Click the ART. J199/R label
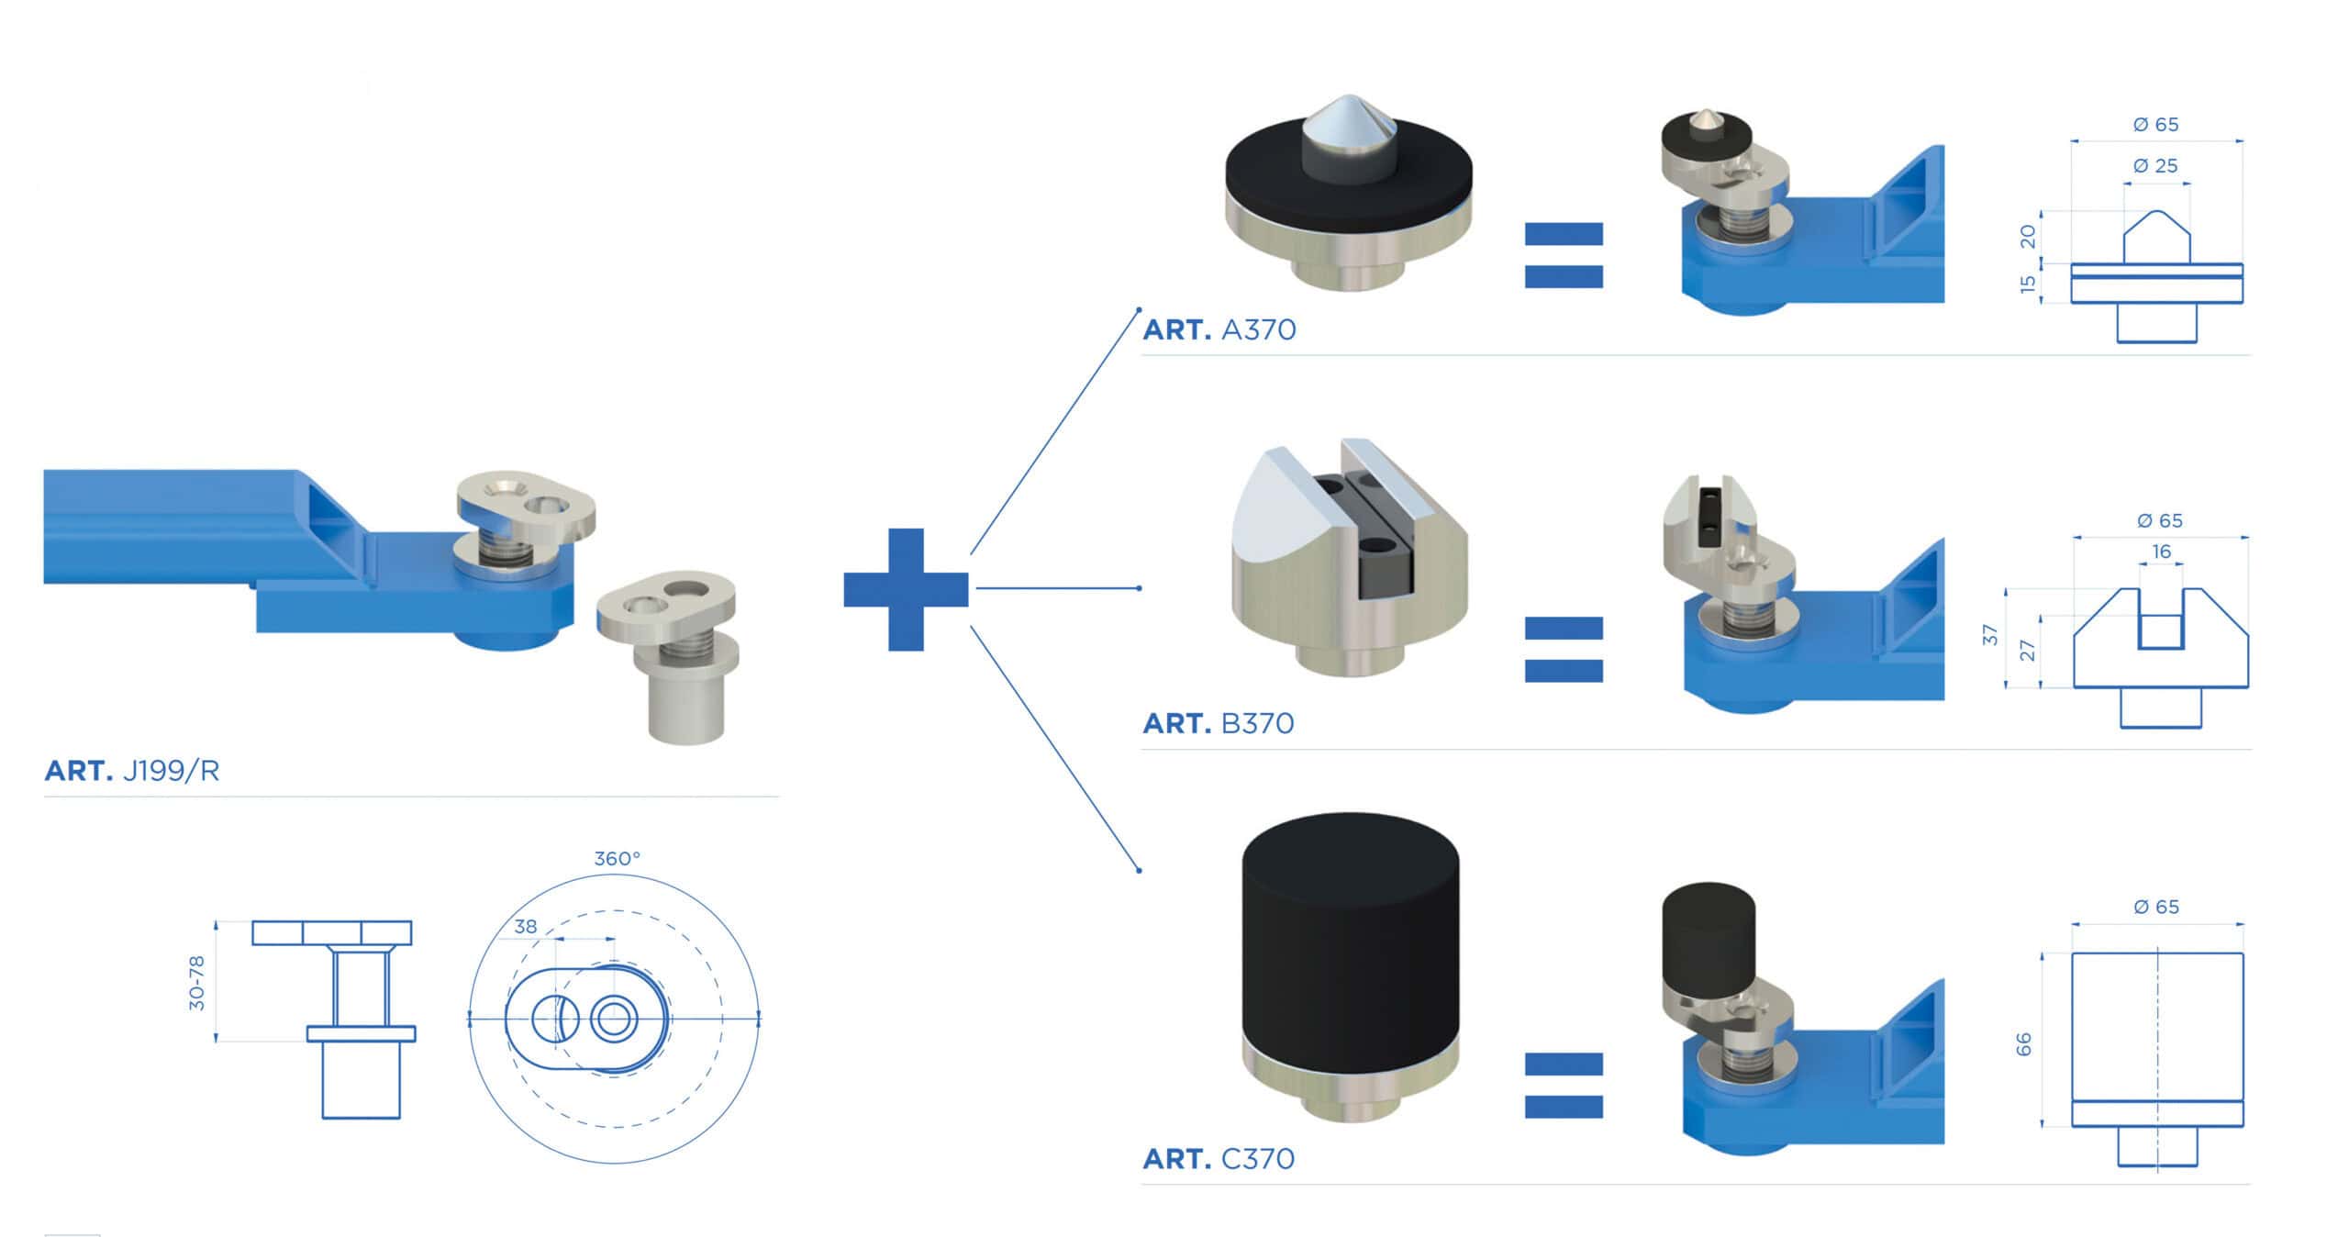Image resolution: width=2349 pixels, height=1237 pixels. click(x=132, y=771)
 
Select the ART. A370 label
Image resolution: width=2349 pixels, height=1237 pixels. click(x=1219, y=329)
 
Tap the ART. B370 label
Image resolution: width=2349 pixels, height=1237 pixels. click(x=1218, y=723)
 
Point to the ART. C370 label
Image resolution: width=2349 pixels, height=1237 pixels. click(x=1218, y=1159)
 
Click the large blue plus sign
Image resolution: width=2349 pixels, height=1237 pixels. click(x=906, y=589)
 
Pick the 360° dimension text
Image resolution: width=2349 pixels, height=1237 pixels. click(x=617, y=859)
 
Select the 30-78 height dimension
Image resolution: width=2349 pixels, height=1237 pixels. click(x=196, y=983)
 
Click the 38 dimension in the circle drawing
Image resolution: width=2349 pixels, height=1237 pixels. click(x=526, y=927)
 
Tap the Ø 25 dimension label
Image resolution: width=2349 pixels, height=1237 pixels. click(x=2155, y=166)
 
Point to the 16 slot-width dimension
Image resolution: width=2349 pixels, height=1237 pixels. click(x=2162, y=552)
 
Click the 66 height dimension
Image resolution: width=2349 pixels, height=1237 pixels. click(x=2024, y=1044)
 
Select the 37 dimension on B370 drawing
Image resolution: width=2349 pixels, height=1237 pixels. click(x=1989, y=635)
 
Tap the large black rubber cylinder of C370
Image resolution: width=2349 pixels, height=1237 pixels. click(x=1349, y=945)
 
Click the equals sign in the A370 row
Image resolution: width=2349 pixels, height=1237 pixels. click(x=1564, y=255)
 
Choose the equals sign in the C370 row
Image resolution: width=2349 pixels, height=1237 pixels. click(x=1564, y=1085)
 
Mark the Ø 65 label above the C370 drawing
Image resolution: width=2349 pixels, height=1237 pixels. click(x=2156, y=908)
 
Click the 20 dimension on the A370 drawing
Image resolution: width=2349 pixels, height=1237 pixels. click(x=2028, y=237)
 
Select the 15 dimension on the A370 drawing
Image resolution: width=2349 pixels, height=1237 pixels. click(x=2028, y=284)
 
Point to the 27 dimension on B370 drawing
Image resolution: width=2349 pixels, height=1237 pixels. click(x=2028, y=651)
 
